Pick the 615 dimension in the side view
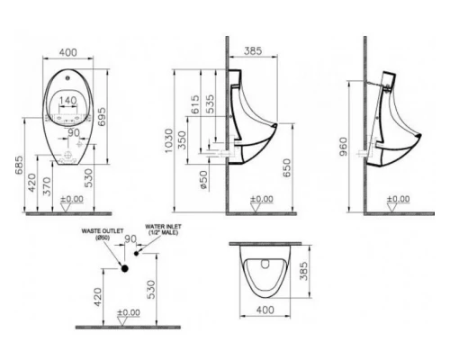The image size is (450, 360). tap(197, 106)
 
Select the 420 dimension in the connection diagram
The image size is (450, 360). tap(98, 294)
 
